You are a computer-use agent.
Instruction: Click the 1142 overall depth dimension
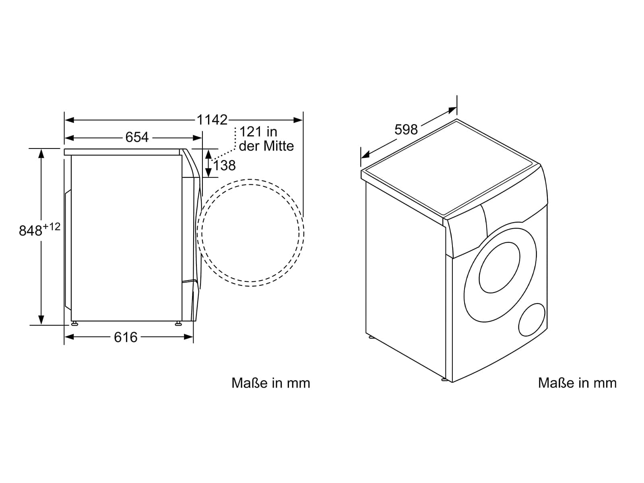pos(212,120)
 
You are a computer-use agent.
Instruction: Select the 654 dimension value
pos(137,137)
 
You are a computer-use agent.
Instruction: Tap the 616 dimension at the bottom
pos(126,337)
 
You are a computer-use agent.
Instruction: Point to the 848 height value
pos(31,231)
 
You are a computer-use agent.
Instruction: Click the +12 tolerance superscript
pos(52,226)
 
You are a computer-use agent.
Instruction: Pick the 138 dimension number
pos(225,166)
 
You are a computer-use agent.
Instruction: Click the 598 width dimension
pos(406,129)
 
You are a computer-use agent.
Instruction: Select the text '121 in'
pos(258,132)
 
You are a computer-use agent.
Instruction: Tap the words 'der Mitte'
pos(266,146)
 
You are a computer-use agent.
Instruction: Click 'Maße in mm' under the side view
pos(271,383)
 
